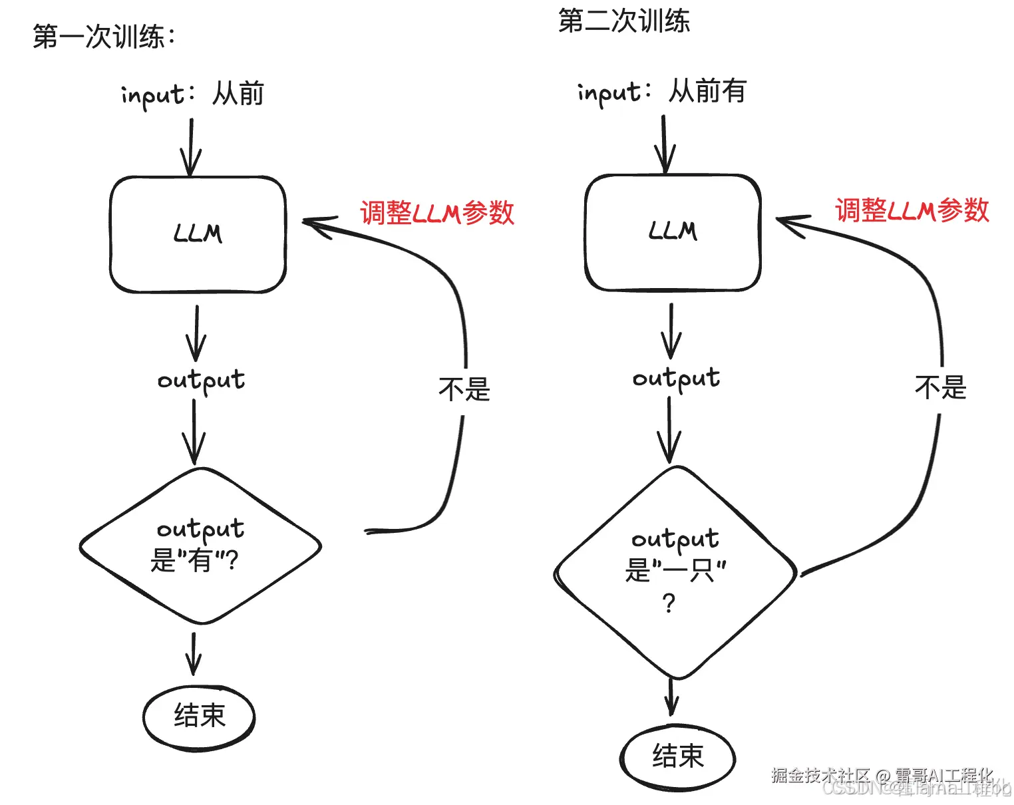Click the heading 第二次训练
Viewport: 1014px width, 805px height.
point(623,21)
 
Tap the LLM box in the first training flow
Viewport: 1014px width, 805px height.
point(198,234)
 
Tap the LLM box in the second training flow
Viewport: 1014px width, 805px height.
point(673,232)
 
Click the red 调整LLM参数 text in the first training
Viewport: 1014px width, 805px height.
point(437,213)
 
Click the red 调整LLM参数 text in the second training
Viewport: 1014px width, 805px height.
point(912,210)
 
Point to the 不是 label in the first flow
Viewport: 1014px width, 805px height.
point(464,389)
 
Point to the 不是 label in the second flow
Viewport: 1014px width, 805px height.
point(940,387)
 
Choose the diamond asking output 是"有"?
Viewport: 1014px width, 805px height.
point(200,546)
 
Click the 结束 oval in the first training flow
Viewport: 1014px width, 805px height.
point(199,717)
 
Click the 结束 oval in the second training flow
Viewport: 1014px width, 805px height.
point(677,757)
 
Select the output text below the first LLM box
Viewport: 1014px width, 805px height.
point(201,381)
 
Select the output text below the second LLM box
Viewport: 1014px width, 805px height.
point(676,379)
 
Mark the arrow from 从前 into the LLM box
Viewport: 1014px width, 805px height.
point(191,147)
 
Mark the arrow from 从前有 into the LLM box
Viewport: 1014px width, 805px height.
point(664,144)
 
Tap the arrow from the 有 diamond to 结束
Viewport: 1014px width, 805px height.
point(194,653)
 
